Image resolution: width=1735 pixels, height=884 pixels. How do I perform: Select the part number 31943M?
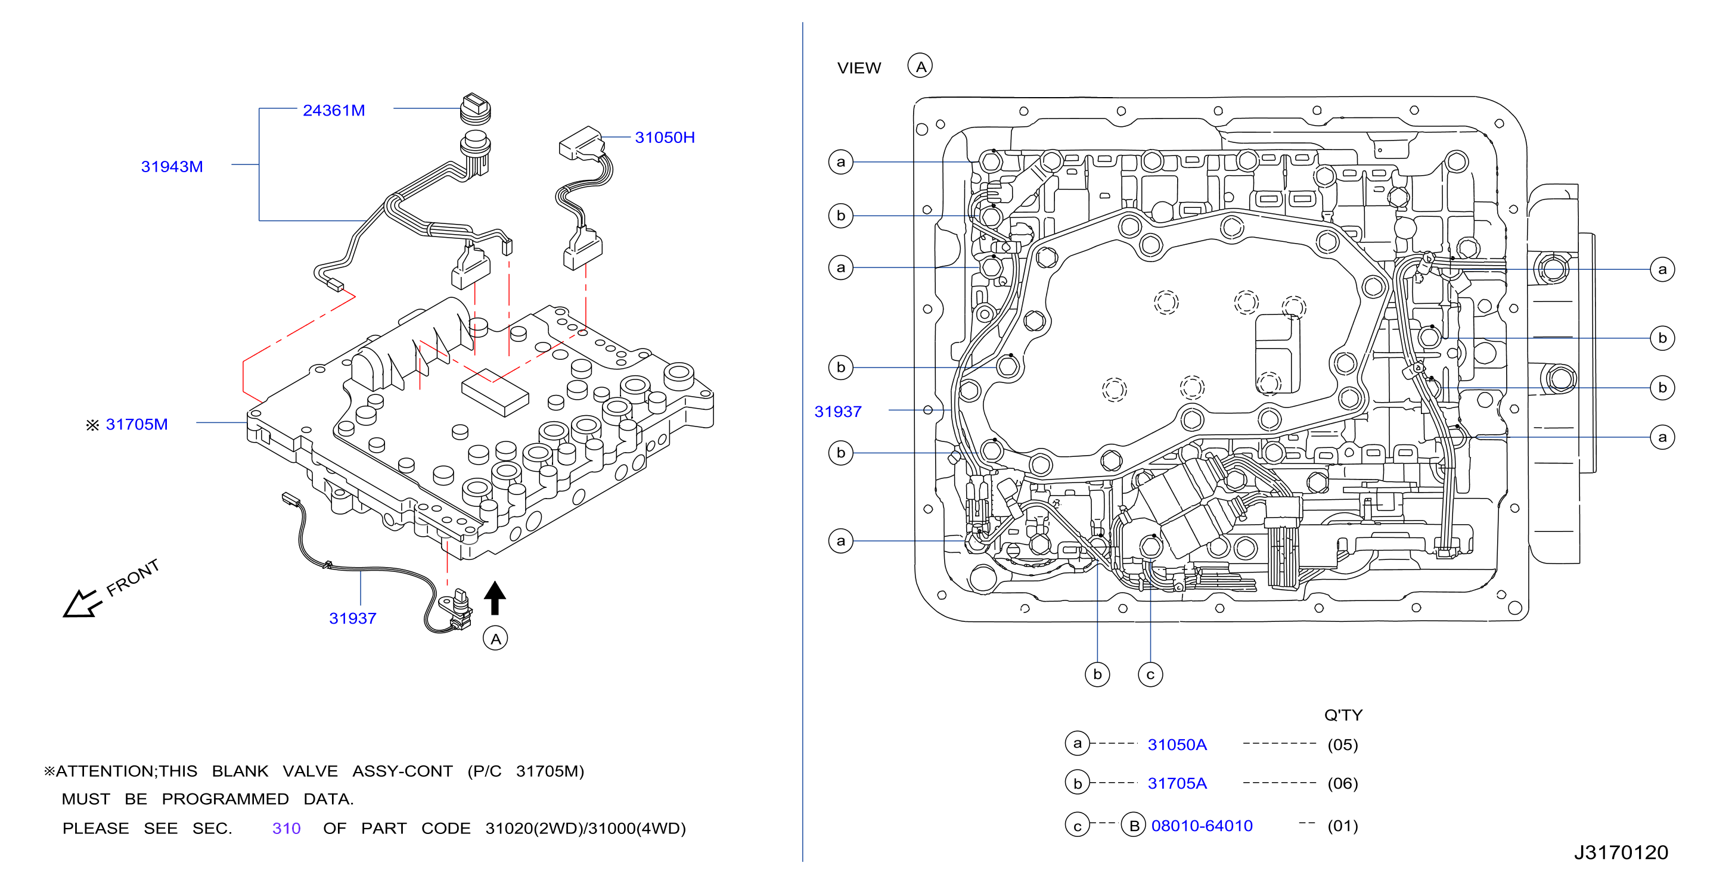[x=172, y=166]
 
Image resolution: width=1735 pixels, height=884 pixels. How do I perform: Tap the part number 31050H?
[x=665, y=138]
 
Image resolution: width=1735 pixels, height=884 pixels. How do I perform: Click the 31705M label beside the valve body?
[x=136, y=424]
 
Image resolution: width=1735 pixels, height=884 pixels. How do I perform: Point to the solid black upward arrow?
[x=495, y=597]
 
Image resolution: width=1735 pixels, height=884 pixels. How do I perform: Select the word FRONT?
[x=133, y=577]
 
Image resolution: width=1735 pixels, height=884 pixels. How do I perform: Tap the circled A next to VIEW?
[x=920, y=66]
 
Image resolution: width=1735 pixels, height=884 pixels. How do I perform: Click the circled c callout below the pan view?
[x=1150, y=674]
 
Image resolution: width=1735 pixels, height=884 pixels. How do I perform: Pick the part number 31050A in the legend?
[x=1177, y=745]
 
